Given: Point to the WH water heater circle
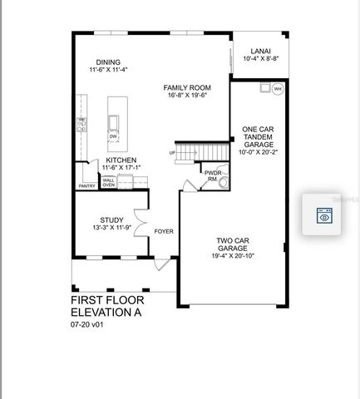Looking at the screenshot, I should click(278, 88).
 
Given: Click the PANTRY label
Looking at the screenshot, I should click(87, 185).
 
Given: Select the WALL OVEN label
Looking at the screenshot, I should click(109, 183).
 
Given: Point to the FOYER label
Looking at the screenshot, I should click(164, 231).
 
